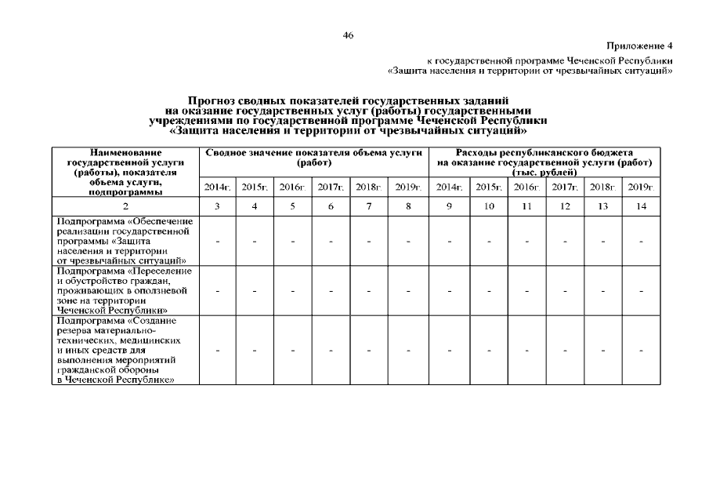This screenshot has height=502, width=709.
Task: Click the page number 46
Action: (349, 35)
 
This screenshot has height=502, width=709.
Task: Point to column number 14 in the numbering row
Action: (641, 206)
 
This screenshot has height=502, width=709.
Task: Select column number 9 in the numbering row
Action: (450, 206)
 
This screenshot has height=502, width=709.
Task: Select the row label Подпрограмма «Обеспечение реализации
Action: (125, 240)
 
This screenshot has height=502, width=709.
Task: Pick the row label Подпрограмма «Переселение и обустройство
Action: (125, 290)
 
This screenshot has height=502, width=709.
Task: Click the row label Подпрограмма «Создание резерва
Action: (125, 350)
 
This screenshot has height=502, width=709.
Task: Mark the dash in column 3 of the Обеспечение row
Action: (217, 241)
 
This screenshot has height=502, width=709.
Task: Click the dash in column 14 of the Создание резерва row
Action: (641, 351)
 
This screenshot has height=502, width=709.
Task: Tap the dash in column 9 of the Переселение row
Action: (450, 291)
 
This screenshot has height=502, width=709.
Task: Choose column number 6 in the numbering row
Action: (331, 206)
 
